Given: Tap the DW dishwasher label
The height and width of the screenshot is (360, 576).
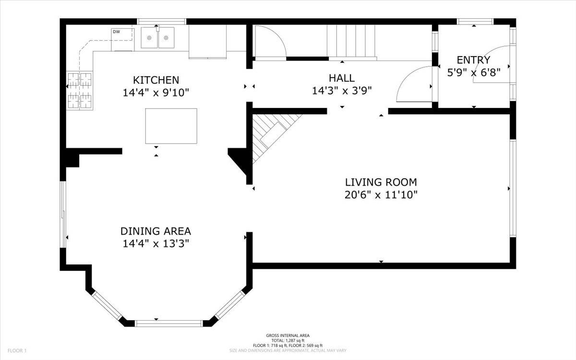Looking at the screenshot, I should [x=116, y=32].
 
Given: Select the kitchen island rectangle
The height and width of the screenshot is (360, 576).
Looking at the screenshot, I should [x=171, y=126].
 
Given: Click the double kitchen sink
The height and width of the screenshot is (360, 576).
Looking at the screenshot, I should [x=157, y=38].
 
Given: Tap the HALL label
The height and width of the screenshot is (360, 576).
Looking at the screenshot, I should [x=342, y=78].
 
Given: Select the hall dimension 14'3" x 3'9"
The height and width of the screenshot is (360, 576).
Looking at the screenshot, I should [x=342, y=91].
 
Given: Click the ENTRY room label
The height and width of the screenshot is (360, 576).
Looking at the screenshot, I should [x=473, y=60].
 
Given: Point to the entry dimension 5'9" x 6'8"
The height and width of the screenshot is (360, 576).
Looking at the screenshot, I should [x=473, y=73].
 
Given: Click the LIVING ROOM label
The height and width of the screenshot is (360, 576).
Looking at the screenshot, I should [x=381, y=182].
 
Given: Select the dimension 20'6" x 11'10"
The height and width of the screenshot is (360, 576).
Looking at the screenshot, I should [x=381, y=195].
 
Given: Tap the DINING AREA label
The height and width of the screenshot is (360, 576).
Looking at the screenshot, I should [x=156, y=231].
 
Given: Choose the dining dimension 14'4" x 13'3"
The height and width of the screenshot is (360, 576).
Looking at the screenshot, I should [x=156, y=244].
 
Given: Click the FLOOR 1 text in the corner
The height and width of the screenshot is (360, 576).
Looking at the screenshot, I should [x=16, y=351].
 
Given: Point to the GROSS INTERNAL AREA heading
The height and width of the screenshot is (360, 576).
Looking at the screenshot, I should [x=288, y=336].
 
